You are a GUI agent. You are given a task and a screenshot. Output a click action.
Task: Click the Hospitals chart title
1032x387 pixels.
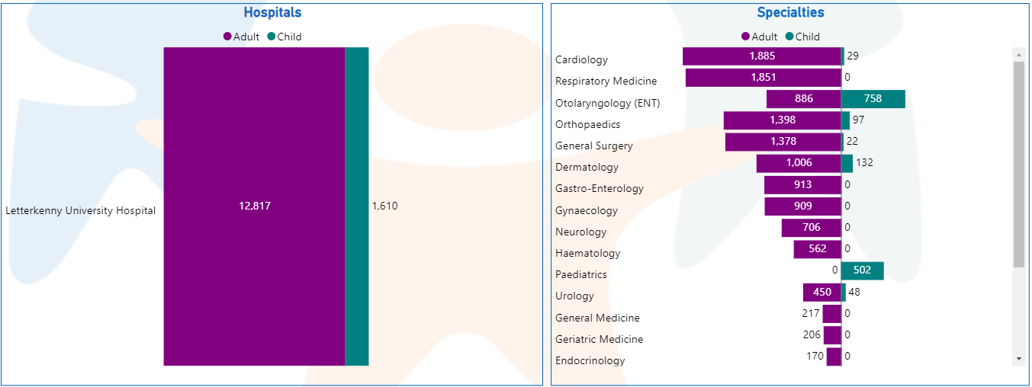tap(272, 13)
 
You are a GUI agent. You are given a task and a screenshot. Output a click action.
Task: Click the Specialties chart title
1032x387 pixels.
tap(790, 13)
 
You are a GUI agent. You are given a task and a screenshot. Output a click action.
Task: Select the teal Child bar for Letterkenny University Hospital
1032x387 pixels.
tap(357, 206)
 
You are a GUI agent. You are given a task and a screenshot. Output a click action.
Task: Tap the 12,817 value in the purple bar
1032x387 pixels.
tap(254, 206)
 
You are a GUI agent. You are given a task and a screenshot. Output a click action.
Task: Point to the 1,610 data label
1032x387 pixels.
tap(384, 206)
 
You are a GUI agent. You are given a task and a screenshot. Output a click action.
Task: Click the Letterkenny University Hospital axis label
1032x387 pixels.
tap(81, 211)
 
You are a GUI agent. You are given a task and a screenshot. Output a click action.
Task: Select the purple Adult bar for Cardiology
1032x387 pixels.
tap(761, 56)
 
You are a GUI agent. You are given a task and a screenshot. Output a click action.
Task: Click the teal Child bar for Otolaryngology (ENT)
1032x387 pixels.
tap(873, 99)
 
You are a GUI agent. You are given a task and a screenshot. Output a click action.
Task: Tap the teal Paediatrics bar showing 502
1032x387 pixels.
tap(863, 270)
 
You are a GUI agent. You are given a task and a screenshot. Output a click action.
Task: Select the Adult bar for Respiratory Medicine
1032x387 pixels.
tap(763, 78)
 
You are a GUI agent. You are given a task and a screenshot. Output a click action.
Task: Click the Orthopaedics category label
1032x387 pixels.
tap(588, 124)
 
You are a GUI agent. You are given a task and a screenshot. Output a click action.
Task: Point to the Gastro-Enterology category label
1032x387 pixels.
tap(600, 188)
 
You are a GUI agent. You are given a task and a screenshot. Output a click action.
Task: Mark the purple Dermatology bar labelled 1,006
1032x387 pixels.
tap(799, 163)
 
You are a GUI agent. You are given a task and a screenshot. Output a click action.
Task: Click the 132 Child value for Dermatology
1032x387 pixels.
tap(864, 163)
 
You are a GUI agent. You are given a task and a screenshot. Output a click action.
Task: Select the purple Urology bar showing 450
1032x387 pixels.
tap(821, 293)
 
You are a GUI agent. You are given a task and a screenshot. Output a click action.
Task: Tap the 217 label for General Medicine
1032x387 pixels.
tap(811, 313)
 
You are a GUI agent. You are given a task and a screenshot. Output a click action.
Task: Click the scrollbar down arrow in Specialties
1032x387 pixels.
tap(1019, 358)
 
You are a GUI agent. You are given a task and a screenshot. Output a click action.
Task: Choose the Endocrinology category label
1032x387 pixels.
tap(590, 360)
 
